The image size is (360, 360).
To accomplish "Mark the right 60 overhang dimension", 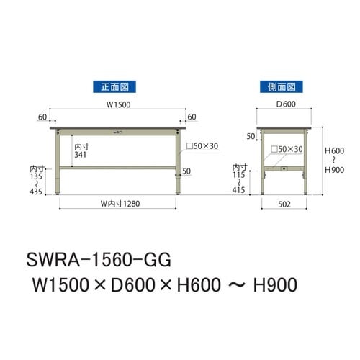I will click(x=192, y=116).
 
